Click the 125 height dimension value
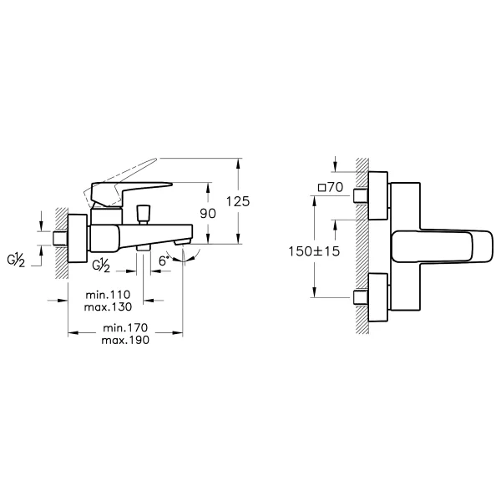click(238, 201)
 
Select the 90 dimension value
click(208, 214)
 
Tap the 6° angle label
click(164, 261)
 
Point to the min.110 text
click(108, 294)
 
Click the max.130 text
click(108, 306)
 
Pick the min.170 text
click(125, 327)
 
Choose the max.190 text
click(125, 340)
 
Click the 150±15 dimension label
click(314, 251)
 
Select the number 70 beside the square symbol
click(335, 187)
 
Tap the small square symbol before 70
click(321, 188)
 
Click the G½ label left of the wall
click(16, 261)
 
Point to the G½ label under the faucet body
click(101, 266)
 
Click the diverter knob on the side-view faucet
click(144, 213)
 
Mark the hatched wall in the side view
click(61, 243)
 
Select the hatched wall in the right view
click(362, 246)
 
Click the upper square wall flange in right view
click(378, 195)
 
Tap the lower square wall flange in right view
click(378, 297)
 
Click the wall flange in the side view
click(78, 238)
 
